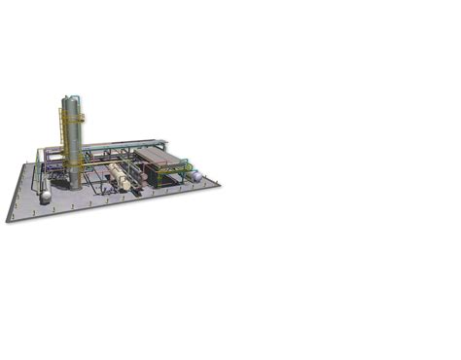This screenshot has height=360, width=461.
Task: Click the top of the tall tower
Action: point(72,98)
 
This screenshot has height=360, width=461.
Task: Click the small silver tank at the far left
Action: point(45,196)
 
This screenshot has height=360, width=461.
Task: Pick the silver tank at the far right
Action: point(195,176)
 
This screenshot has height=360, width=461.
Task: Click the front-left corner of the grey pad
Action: point(8,221)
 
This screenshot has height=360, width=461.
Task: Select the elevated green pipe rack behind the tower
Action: point(117,146)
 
